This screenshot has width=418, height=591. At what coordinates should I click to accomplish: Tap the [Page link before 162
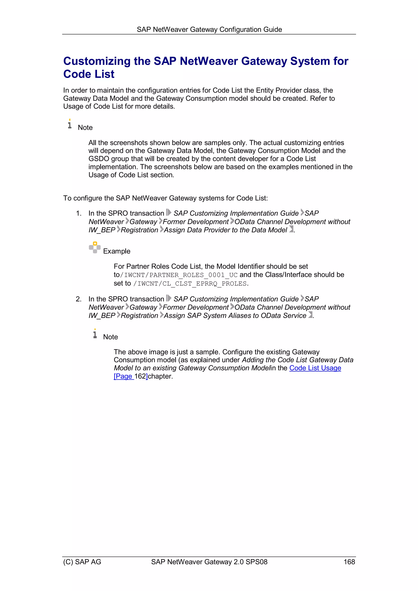(x=124, y=376)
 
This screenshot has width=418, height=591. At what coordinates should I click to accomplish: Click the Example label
(x=117, y=251)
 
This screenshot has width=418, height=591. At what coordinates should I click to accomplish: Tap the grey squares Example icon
(x=95, y=247)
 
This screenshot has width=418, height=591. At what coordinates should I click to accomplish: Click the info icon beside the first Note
(x=70, y=124)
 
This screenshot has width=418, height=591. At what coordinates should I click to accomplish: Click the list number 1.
(x=79, y=213)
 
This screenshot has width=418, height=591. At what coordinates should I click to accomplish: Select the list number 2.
(x=79, y=299)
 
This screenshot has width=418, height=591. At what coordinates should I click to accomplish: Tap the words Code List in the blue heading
(x=89, y=74)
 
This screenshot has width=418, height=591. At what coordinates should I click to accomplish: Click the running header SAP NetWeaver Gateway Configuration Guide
(x=209, y=30)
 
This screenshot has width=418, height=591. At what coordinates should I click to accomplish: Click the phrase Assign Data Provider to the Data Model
(x=225, y=230)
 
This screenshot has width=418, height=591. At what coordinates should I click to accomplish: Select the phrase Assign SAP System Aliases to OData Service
(x=235, y=316)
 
